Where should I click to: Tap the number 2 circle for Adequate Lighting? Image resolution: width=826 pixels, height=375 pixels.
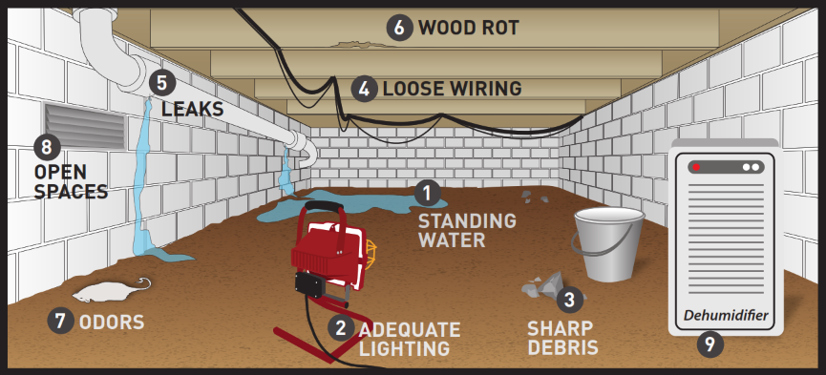tap(340, 327)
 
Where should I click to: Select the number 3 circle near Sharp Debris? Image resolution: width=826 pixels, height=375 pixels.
tap(569, 299)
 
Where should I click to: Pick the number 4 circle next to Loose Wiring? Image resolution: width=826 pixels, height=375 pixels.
tap(364, 89)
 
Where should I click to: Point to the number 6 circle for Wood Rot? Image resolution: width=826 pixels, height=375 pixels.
tap(400, 28)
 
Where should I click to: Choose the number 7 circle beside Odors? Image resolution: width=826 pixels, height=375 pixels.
tap(60, 322)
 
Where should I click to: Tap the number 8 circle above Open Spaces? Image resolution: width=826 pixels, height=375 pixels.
tap(46, 147)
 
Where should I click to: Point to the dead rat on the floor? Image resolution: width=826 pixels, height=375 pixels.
tap(107, 289)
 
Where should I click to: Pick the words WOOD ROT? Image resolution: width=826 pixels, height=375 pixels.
tap(468, 28)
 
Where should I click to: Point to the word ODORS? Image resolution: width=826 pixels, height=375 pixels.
tap(113, 322)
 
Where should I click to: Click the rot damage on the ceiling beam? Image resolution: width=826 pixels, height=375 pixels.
tap(353, 42)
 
